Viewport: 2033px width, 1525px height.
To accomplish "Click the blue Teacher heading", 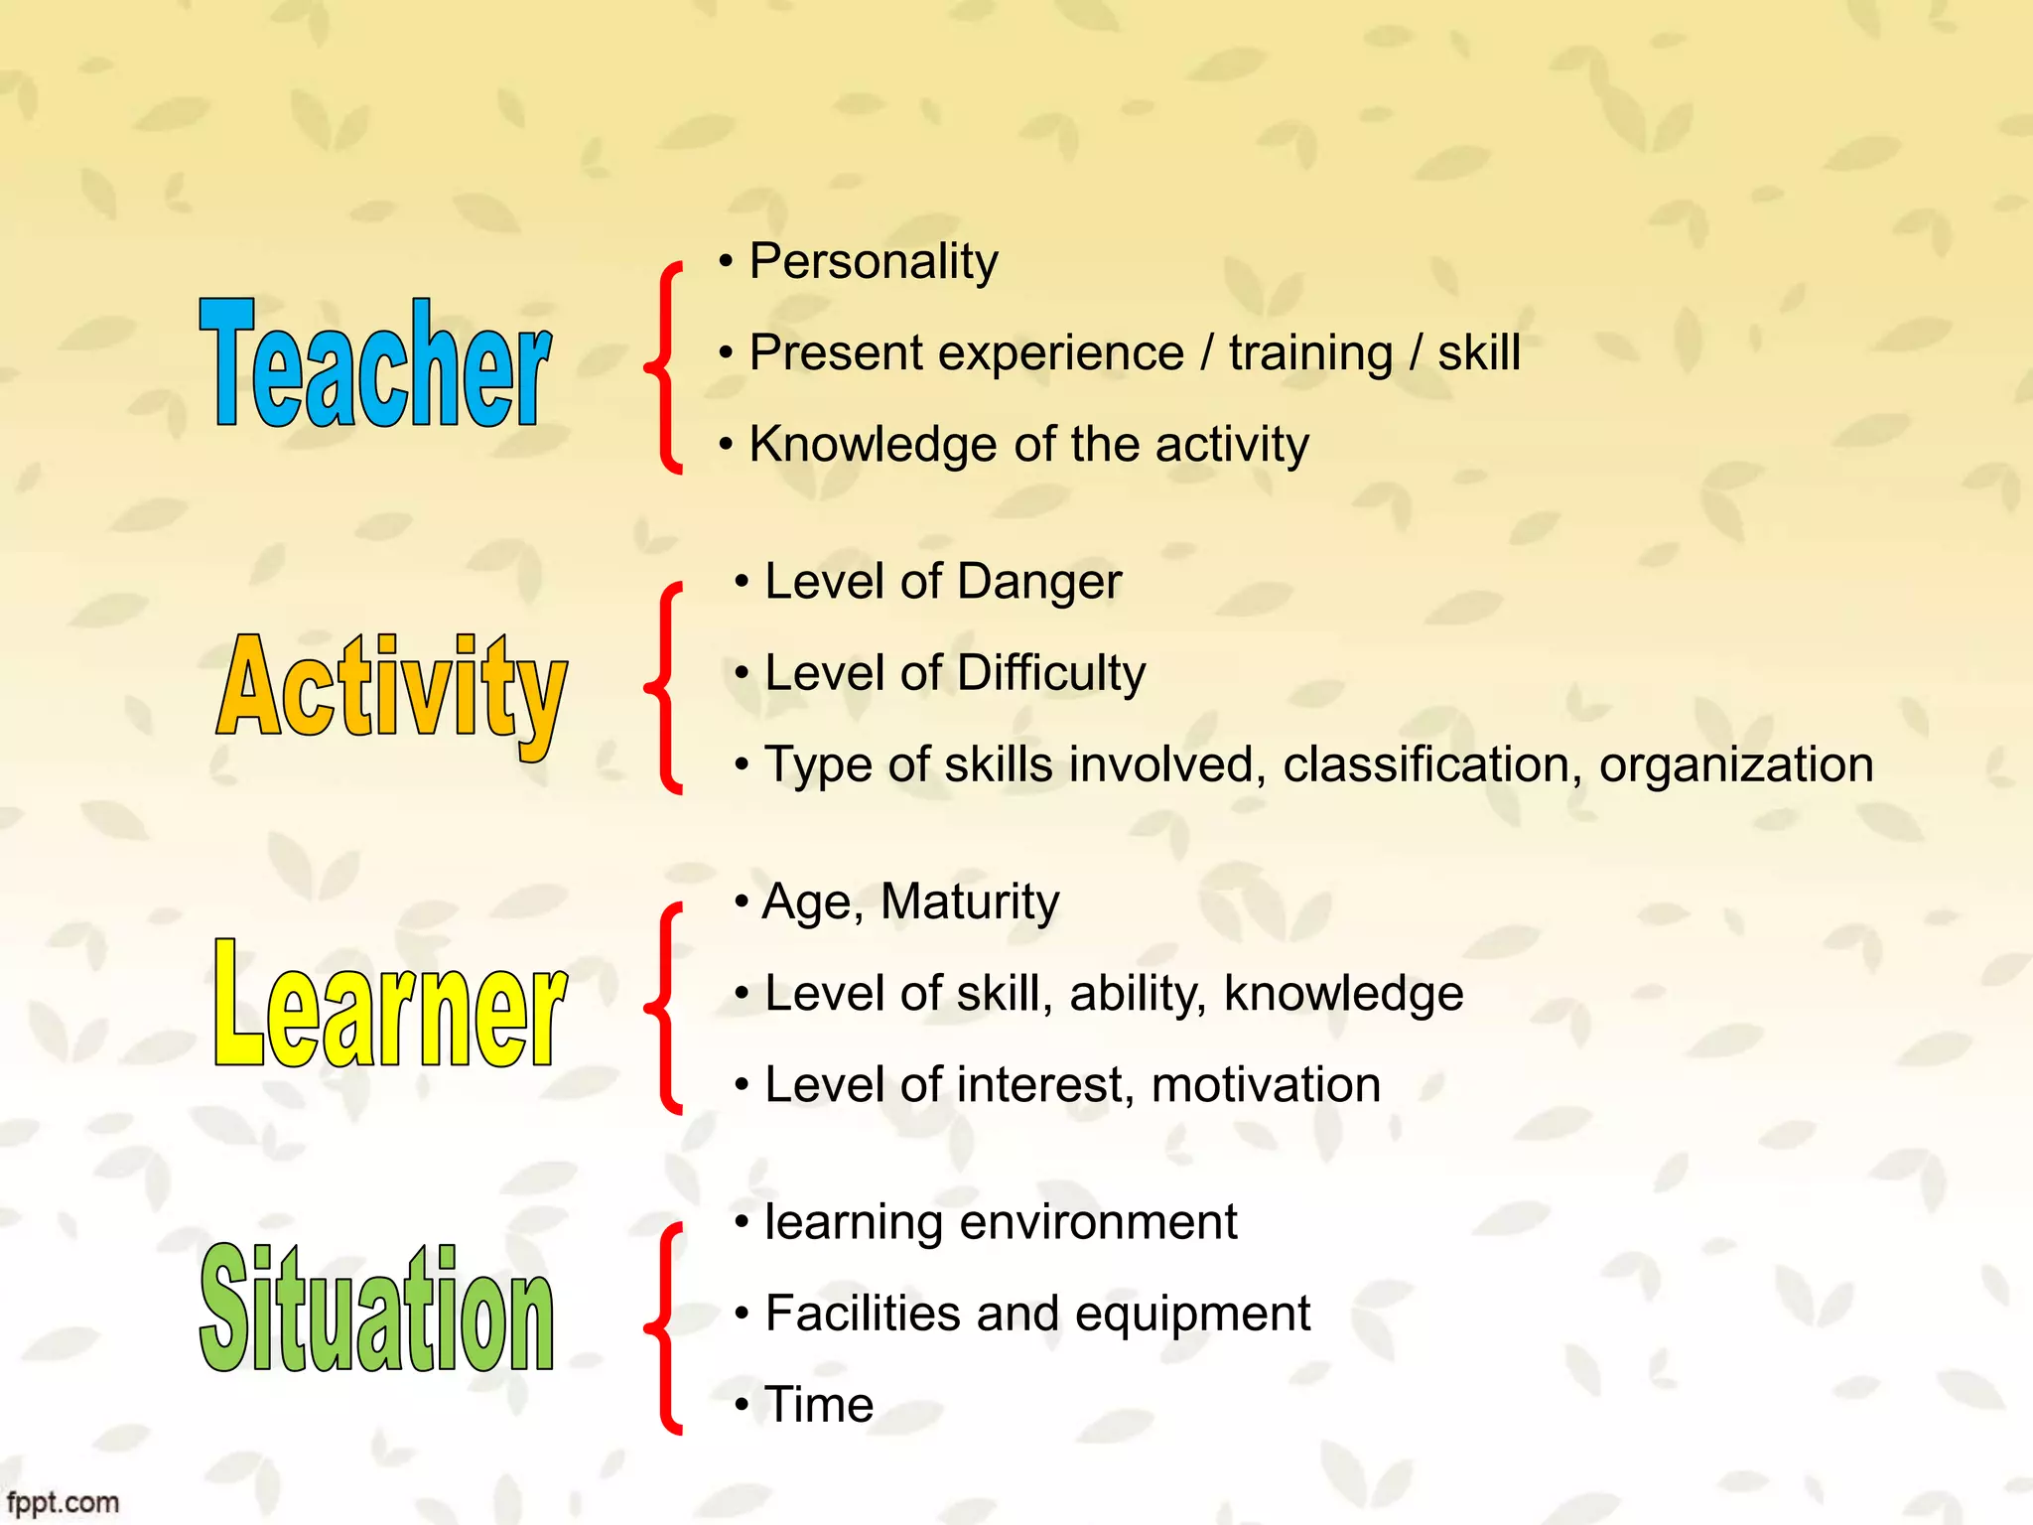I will tap(375, 365).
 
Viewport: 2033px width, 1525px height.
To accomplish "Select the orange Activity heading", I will tap(391, 690).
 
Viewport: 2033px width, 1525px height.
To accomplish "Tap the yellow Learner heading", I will tap(389, 1005).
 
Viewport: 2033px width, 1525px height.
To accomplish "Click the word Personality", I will tap(873, 262).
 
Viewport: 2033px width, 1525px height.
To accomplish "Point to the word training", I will tap(1310, 353).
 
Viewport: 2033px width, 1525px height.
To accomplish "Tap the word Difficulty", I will tap(1051, 674).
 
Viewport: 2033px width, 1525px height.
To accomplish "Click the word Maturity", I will tap(969, 902).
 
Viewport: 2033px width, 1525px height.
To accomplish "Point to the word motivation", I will tap(1265, 1085).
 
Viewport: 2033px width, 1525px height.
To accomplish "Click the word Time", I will tap(819, 1405).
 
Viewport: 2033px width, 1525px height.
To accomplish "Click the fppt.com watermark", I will tap(62, 1502).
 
